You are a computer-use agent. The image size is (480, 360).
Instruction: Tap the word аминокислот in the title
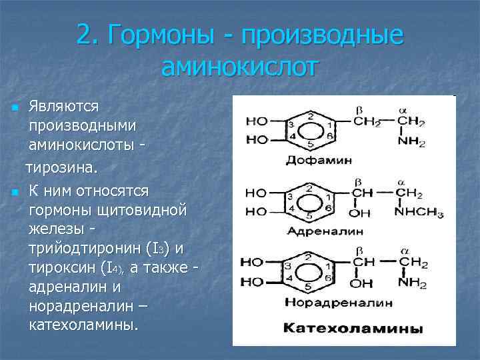[240, 67]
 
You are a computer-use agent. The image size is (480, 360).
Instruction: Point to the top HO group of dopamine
[257, 121]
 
